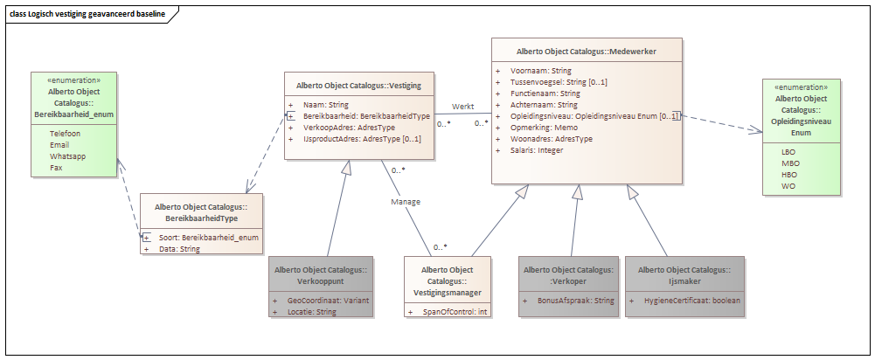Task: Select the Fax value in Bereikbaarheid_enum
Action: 56,168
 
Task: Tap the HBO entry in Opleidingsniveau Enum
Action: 790,175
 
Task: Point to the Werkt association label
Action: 463,106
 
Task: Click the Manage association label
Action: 406,202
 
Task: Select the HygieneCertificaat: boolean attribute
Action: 692,301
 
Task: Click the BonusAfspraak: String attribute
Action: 576,301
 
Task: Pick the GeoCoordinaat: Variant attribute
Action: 328,301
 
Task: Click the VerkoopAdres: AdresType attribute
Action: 342,128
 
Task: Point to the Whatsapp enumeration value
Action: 67,156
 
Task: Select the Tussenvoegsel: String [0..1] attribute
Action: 559,82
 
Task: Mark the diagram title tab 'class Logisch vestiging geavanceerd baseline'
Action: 87,14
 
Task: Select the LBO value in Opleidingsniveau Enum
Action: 789,152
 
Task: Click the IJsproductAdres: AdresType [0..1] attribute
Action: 362,138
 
